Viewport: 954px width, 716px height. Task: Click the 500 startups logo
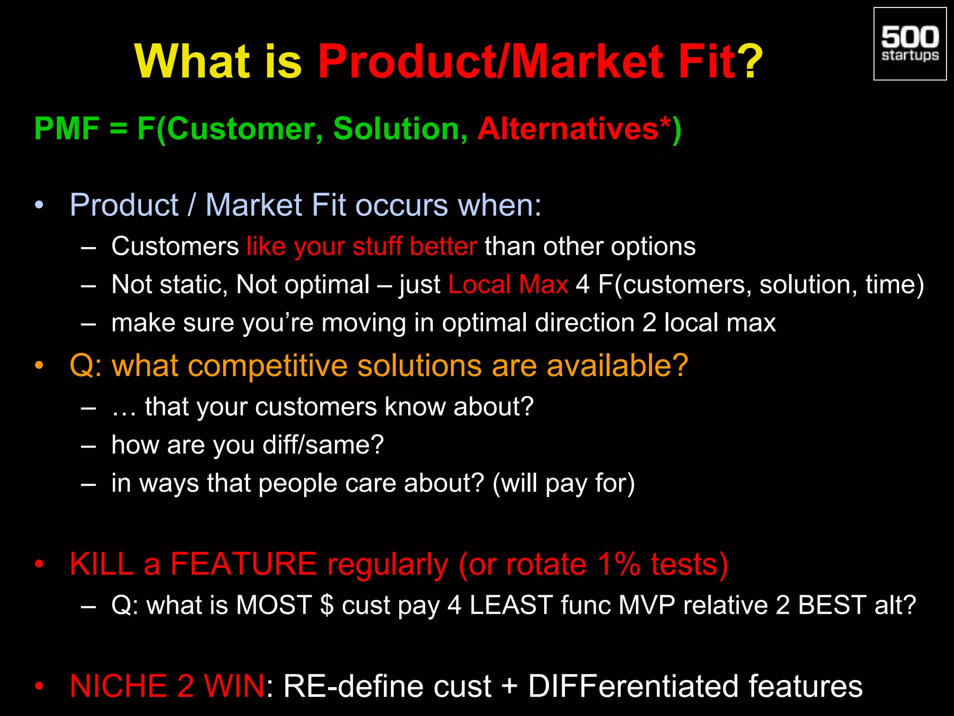910,44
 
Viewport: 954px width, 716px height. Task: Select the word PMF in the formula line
67,129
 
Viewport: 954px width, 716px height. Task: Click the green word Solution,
400,129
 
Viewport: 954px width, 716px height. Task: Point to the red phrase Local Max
508,284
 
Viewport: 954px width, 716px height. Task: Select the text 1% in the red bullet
619,564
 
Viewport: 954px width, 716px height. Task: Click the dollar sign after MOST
327,605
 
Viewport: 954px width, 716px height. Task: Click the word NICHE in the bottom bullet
118,686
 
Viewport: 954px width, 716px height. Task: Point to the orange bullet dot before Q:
39,365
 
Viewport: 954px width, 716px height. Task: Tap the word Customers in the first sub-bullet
175,246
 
